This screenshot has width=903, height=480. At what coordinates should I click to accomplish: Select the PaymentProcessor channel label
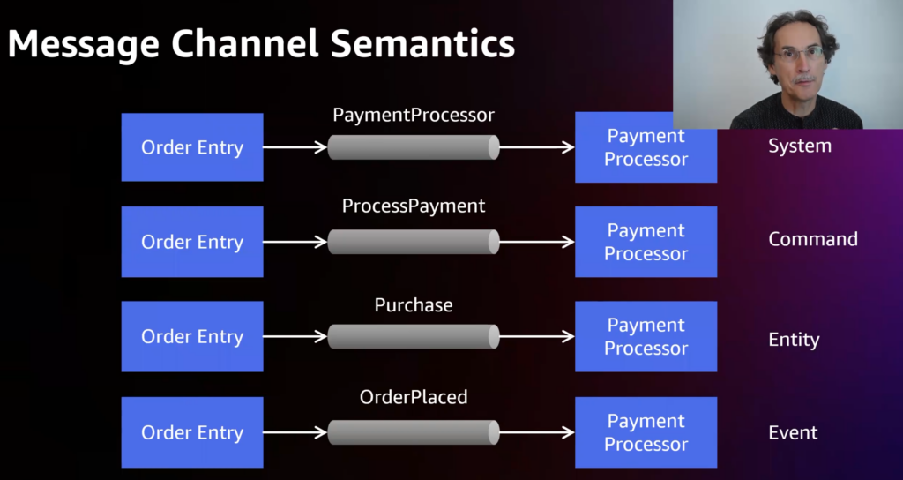pos(414,115)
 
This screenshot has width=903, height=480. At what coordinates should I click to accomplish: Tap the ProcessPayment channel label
pos(414,206)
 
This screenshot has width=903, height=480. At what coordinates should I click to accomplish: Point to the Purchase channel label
pos(414,305)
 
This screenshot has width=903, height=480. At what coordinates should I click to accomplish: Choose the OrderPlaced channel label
pos(414,397)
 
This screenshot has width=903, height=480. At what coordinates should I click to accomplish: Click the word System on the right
pos(799,146)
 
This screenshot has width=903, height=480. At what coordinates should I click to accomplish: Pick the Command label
pos(812,239)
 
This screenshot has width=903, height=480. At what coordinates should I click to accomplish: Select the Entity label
pos(794,340)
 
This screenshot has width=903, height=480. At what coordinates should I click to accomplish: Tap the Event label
pos(793,432)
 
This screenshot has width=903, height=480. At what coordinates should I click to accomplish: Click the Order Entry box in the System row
pos(192,147)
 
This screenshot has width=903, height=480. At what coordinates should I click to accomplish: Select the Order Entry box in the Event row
pos(192,432)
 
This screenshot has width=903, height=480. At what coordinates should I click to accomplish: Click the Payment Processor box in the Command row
pos(646,242)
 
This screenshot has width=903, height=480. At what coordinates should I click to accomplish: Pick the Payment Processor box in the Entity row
pos(646,336)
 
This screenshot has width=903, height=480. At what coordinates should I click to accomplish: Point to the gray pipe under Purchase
pos(414,336)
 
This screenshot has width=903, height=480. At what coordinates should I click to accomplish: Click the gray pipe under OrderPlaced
pos(414,432)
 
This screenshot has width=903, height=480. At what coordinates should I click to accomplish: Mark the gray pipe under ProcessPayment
pos(414,242)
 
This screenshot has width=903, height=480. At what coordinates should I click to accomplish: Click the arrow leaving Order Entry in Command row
pos(295,242)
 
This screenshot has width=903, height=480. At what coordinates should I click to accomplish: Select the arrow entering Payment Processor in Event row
pos(537,432)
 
